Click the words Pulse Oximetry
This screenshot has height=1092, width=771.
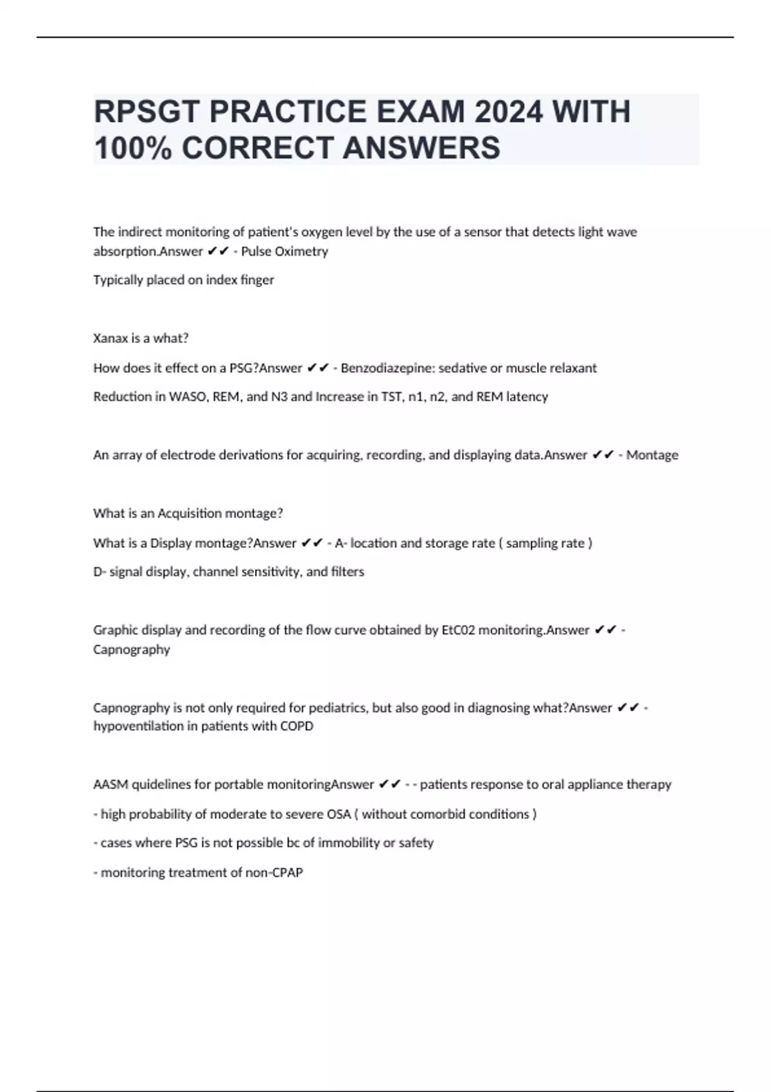(285, 251)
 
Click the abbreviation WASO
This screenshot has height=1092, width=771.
(186, 396)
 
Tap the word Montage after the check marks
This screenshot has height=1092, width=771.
(652, 455)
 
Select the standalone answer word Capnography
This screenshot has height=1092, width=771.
(132, 649)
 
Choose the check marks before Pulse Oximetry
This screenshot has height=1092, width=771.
(218, 251)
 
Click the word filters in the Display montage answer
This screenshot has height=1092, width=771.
(347, 572)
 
